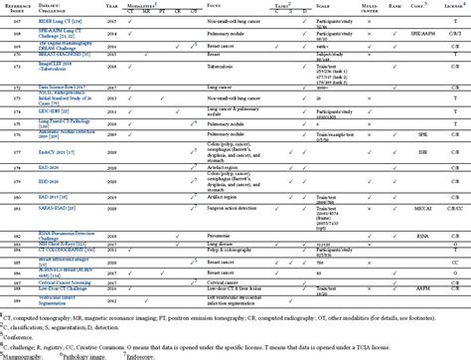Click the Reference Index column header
[x=19, y=7]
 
